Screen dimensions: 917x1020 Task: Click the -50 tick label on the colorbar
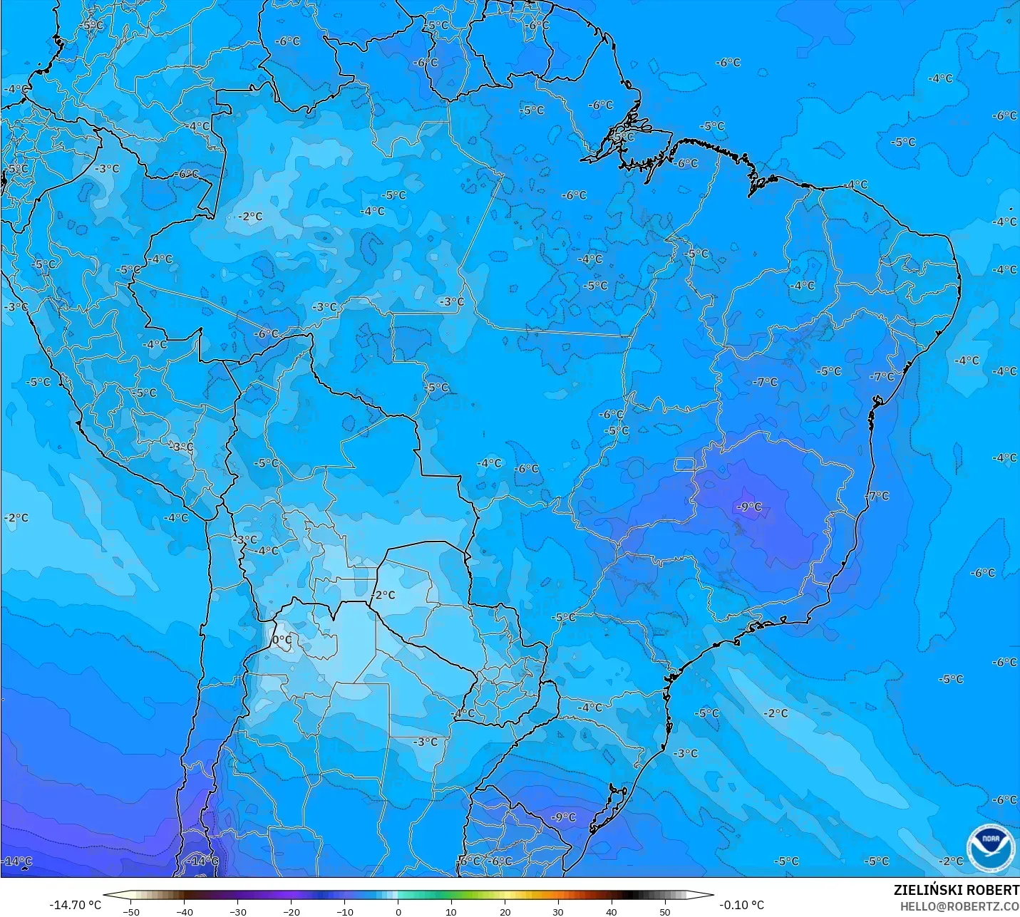[130, 911]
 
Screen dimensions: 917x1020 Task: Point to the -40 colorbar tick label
[184, 911]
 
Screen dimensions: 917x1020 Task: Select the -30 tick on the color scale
[237, 911]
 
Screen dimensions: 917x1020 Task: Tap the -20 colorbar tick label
[291, 911]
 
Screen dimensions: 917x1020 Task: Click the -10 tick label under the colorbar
[344, 911]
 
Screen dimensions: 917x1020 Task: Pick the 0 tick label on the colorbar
[398, 911]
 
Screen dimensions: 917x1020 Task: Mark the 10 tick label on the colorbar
[451, 911]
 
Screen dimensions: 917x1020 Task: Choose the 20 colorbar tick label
[505, 911]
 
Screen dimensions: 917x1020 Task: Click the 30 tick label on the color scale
[558, 911]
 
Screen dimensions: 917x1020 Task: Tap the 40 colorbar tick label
[612, 911]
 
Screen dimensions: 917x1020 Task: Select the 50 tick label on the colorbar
[665, 911]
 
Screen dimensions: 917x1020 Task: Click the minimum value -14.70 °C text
[75, 905]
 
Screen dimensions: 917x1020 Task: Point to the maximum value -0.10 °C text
[741, 905]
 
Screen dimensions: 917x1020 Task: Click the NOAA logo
[991, 846]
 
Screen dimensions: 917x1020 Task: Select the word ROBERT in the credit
[993, 890]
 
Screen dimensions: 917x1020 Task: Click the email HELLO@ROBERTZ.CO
[959, 906]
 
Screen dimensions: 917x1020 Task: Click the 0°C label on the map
[282, 640]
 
